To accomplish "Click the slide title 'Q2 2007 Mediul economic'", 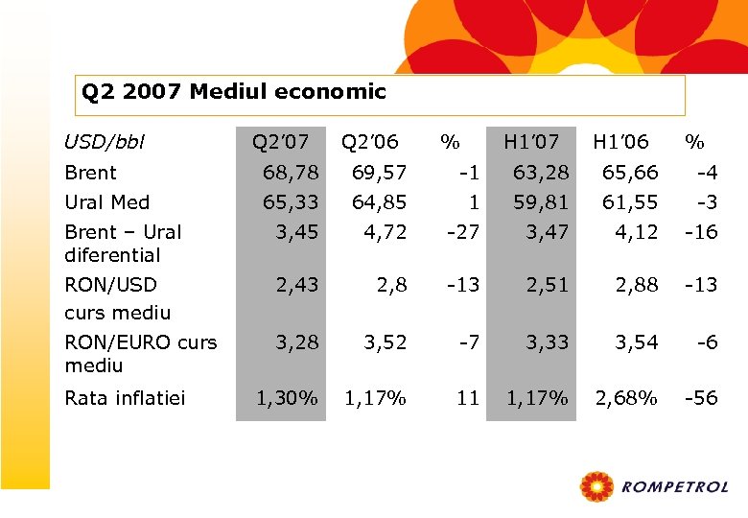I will coord(234,93).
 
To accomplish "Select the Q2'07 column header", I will coord(280,143).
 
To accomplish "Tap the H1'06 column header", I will coord(620,143).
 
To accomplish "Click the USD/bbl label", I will coord(105,143).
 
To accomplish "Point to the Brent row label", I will coord(90,174).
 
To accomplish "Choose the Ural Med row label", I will coord(106,202).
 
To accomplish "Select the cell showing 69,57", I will coord(380,174).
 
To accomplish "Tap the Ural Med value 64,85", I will coord(380,202).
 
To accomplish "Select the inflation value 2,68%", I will coord(626,398).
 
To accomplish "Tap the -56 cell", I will coord(699,398).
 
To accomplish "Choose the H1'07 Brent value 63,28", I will coord(541,174).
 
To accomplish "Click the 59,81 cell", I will coord(541,202).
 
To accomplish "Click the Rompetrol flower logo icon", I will coord(596,486).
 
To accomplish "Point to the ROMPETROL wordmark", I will coord(675,488).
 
